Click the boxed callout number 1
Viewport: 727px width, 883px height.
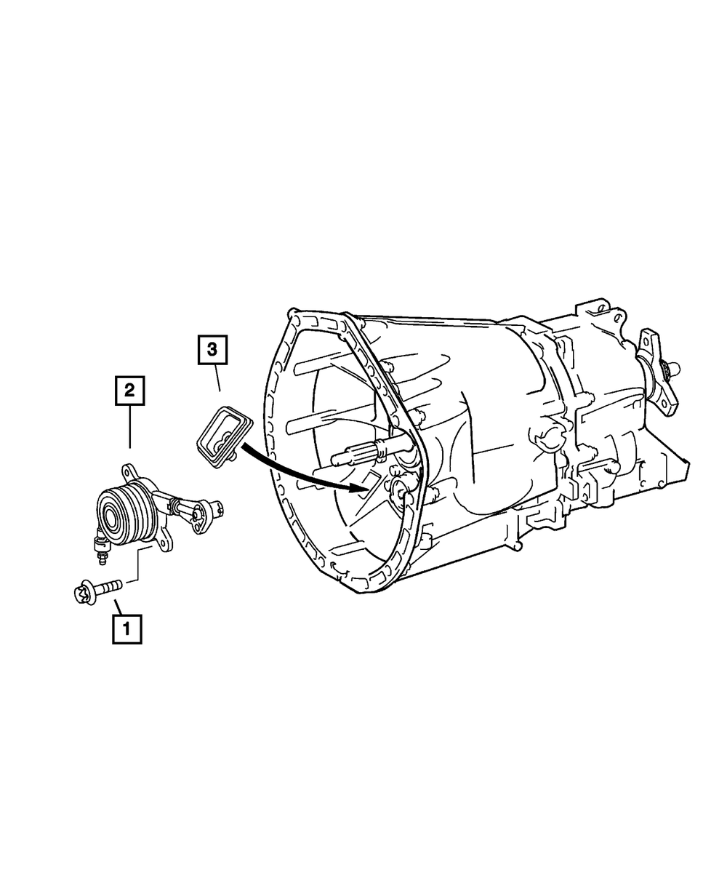[126, 629]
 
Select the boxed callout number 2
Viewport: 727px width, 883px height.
[129, 391]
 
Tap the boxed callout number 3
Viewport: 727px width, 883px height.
[212, 350]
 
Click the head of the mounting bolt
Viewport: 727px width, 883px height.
[82, 595]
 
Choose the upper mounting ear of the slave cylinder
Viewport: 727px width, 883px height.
[129, 473]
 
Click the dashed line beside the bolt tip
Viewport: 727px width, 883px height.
[131, 581]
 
